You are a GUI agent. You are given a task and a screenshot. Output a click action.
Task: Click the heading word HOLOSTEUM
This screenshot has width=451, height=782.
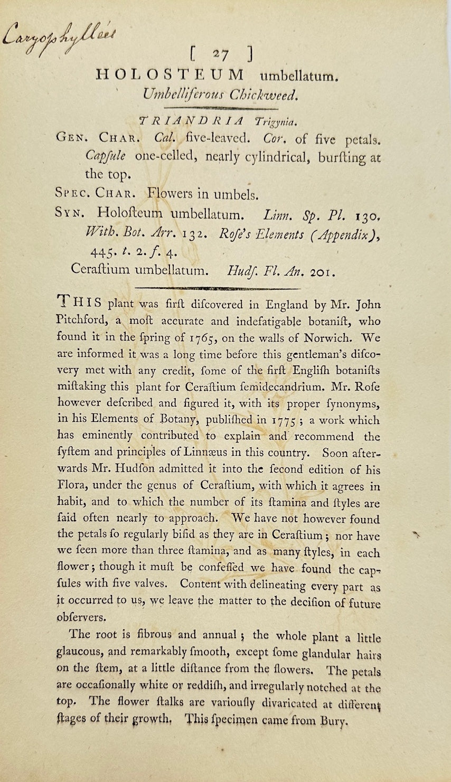pos(170,74)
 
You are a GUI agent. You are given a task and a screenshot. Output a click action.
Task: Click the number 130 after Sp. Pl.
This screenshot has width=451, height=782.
pos(367,216)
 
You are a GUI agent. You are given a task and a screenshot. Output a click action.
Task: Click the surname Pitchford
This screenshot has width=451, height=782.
pos(80,321)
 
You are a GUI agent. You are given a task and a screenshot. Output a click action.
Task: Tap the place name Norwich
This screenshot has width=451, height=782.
pos(322,337)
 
